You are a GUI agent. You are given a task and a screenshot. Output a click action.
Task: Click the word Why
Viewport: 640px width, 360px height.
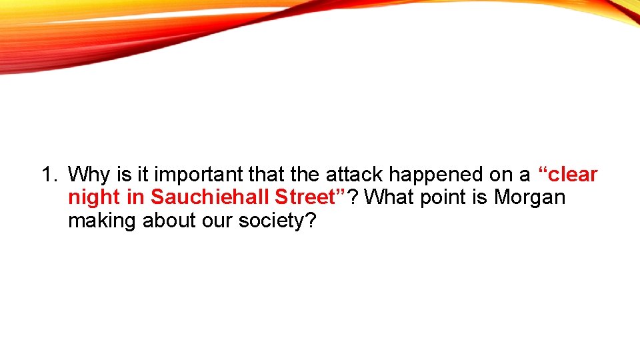click(86, 175)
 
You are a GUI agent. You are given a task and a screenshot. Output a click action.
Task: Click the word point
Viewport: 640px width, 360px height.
click(448, 198)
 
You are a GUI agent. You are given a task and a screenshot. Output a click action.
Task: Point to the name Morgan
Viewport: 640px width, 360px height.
click(529, 198)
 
